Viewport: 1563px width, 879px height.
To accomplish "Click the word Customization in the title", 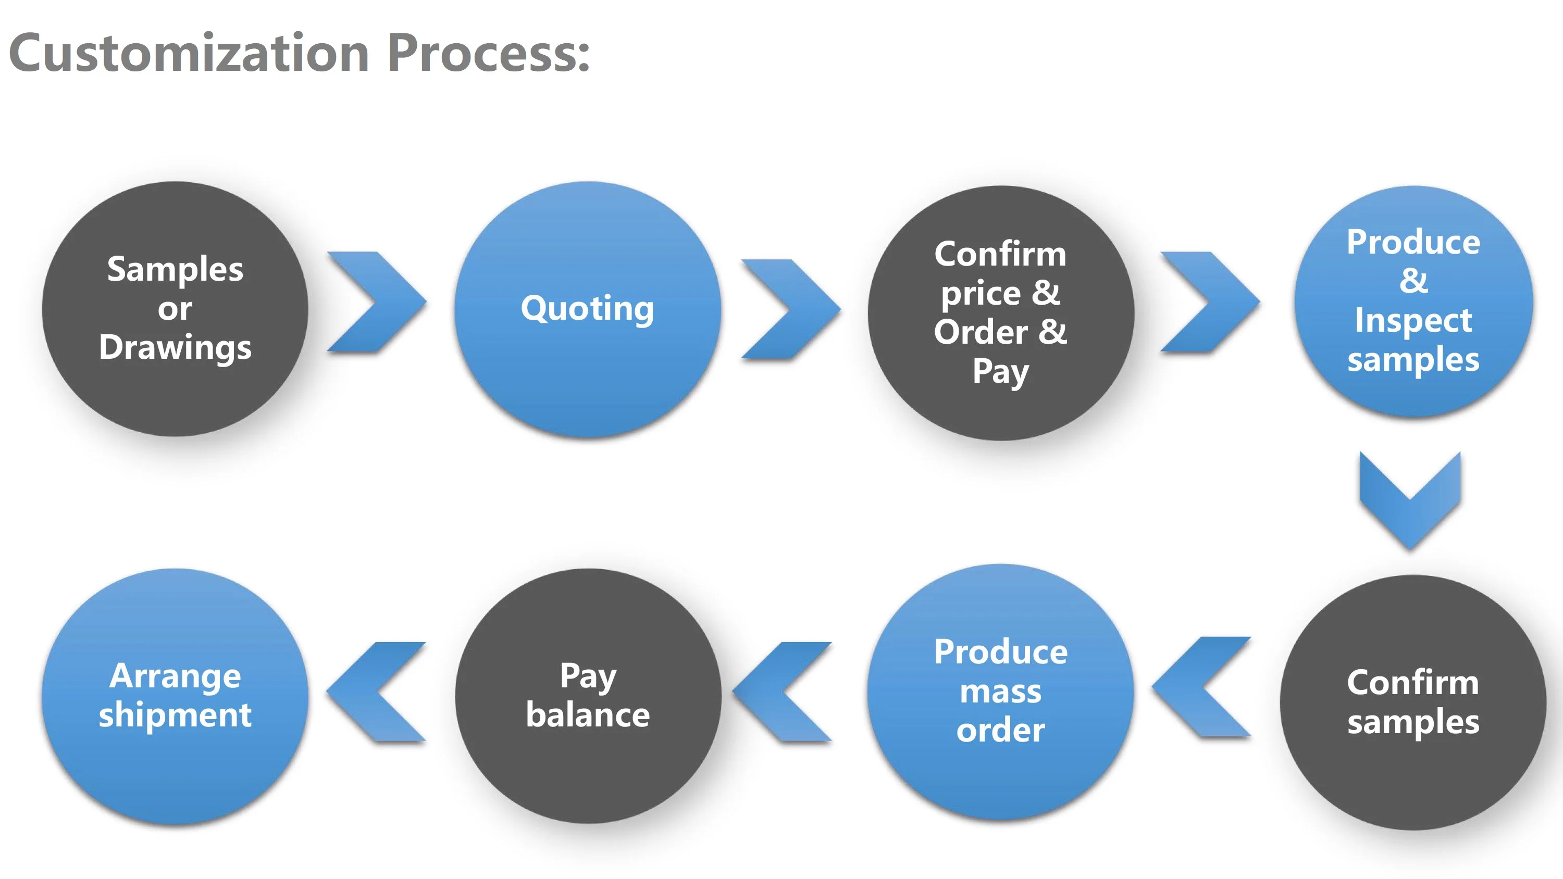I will pyautogui.click(x=189, y=54).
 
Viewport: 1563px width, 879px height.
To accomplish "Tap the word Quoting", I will pyautogui.click(x=587, y=308).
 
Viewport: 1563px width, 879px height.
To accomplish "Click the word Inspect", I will pyautogui.click(x=1413, y=320).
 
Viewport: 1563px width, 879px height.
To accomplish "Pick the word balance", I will pyautogui.click(x=587, y=714).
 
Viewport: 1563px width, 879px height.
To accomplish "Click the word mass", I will pyautogui.click(x=1000, y=692).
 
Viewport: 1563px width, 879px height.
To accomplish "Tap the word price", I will pyautogui.click(x=981, y=294).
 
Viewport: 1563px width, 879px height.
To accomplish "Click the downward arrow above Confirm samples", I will pyautogui.click(x=1409, y=494).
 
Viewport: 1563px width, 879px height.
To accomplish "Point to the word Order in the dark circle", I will pyautogui.click(x=981, y=332).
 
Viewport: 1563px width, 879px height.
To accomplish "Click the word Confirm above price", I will pyautogui.click(x=1000, y=254).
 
